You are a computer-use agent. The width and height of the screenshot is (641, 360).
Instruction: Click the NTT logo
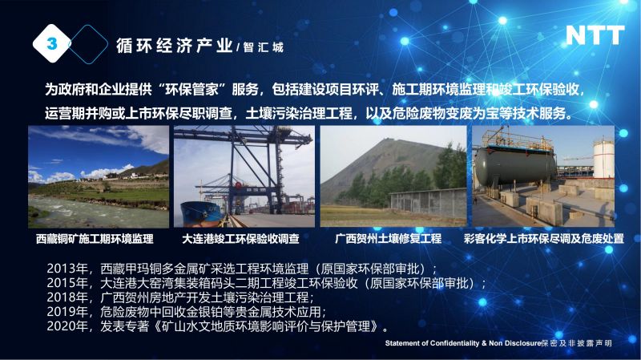(x=595, y=35)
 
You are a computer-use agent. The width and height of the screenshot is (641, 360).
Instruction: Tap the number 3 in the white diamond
(x=52, y=43)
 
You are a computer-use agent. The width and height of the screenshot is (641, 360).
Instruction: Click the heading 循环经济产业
(x=175, y=46)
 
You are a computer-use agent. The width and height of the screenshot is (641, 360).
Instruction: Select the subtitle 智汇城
(x=264, y=47)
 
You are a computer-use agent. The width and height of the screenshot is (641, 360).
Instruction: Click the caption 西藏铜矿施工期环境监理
(x=95, y=238)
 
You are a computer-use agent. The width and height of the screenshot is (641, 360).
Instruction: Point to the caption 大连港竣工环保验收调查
(x=241, y=238)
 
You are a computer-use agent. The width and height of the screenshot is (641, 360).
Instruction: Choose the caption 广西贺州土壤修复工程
(x=388, y=238)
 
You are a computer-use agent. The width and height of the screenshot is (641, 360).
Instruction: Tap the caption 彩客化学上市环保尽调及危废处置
(x=544, y=238)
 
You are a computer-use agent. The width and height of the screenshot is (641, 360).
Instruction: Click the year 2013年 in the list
(x=67, y=269)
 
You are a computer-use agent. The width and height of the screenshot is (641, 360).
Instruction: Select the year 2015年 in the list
(x=67, y=283)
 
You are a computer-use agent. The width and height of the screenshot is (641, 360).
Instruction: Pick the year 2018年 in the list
(x=67, y=297)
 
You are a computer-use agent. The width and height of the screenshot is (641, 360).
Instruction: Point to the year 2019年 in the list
(x=67, y=312)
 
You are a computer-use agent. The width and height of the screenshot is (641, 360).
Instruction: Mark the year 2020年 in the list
(x=67, y=326)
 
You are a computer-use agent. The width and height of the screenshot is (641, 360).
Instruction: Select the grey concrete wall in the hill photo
(x=428, y=204)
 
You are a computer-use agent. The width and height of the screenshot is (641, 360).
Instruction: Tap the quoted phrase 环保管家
(x=192, y=90)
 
